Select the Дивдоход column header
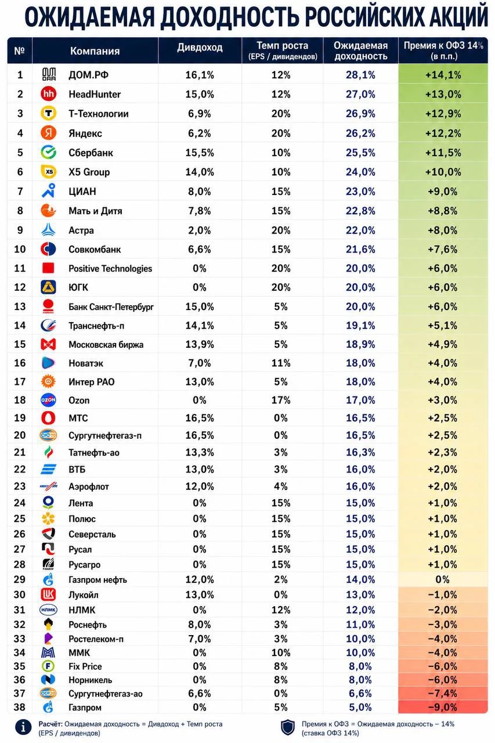click(200, 48)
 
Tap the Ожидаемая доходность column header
click(361, 51)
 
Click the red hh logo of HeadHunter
click(48, 94)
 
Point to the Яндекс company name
click(85, 134)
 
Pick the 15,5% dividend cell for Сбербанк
click(200, 153)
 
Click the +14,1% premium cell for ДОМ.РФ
click(443, 75)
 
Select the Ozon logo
click(48, 400)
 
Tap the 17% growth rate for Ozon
click(281, 400)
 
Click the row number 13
click(20, 306)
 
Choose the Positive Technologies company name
click(110, 268)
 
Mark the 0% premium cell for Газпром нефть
click(443, 579)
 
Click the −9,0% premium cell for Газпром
click(443, 707)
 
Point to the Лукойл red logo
click(48, 594)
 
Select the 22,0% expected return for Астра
click(360, 230)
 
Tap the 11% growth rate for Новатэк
click(281, 363)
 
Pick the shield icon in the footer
click(287, 727)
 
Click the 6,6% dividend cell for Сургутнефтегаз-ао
click(200, 693)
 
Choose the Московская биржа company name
click(106, 345)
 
